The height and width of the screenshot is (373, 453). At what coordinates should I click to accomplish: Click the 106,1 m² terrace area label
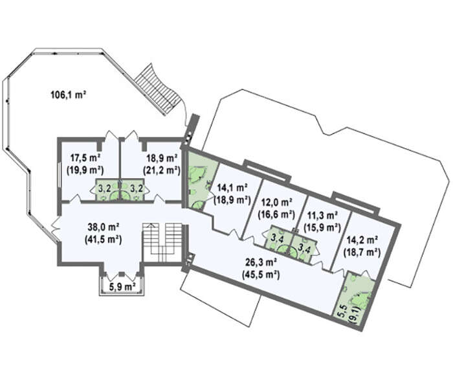[69, 95]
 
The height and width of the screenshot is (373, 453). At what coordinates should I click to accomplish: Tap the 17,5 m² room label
[85, 158]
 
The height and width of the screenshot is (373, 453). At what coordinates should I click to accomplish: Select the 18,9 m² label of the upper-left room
[162, 158]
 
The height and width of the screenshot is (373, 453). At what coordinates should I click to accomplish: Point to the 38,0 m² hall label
[104, 227]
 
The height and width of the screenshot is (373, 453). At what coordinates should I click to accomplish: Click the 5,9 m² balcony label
[122, 287]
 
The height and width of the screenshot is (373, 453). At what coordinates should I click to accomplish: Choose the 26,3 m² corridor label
[261, 262]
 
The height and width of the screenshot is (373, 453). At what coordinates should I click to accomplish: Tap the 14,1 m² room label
[232, 188]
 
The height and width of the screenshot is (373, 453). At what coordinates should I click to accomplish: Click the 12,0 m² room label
[276, 202]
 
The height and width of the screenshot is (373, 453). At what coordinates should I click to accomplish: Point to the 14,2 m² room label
[362, 240]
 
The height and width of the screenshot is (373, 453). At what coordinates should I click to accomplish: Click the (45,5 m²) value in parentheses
[261, 275]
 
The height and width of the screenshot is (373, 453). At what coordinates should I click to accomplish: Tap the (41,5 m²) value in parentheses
[103, 240]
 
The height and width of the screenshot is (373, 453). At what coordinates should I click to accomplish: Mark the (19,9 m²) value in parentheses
[85, 170]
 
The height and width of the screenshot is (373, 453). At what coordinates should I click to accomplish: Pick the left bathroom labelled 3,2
[107, 190]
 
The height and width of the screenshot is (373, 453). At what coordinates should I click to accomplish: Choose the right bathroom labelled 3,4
[304, 248]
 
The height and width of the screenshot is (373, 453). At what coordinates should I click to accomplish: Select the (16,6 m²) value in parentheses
[276, 214]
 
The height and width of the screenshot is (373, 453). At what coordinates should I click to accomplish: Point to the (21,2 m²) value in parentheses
[162, 170]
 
